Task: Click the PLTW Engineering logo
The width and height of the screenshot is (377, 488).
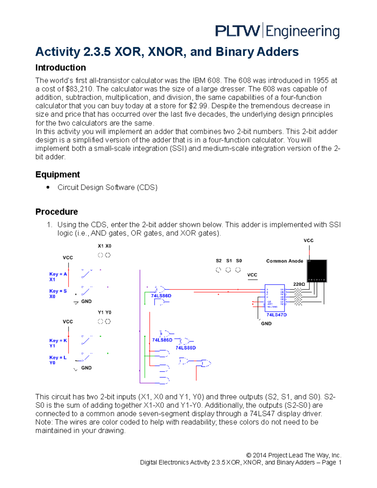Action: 277,31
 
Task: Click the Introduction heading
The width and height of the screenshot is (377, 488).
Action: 60,68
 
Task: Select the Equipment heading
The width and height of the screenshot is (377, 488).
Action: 57,174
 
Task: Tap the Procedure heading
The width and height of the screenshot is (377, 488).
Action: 57,211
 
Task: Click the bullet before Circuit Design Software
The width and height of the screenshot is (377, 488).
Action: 48,187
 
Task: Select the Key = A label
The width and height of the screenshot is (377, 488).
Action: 58,274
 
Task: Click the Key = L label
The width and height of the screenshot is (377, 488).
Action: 58,357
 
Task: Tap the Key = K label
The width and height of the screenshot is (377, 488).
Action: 58,340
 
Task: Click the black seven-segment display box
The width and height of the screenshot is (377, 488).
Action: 317,271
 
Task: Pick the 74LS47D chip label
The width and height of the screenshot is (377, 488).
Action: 276,315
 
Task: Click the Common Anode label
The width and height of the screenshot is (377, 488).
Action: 284,261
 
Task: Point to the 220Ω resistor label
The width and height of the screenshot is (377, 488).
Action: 299,284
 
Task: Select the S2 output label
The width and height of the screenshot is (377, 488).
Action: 219,260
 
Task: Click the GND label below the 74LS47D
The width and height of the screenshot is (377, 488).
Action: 266,323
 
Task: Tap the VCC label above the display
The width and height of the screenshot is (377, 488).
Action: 308,240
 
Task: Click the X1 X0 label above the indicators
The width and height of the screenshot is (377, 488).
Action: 104,246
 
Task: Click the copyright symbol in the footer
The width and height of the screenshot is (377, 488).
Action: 249,455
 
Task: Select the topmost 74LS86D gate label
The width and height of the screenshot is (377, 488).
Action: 161,296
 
